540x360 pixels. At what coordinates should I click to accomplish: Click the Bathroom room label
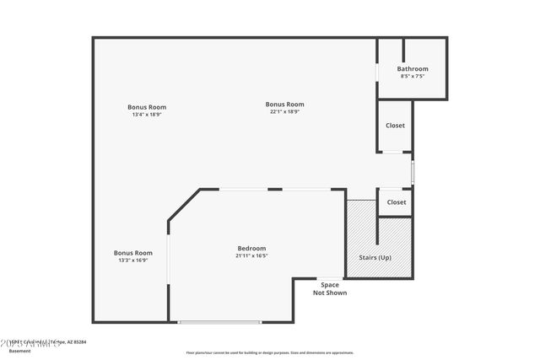[x=413, y=69]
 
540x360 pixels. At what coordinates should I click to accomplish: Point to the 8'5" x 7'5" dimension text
[x=413, y=76]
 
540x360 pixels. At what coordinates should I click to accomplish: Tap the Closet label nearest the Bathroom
[x=395, y=126]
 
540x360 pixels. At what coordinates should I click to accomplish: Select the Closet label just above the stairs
[x=396, y=202]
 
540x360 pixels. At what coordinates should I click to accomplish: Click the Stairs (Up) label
[x=375, y=257]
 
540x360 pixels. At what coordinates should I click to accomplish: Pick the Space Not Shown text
[x=330, y=289]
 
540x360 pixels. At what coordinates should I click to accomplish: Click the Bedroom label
[x=251, y=248]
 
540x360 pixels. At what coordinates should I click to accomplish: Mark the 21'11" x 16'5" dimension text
[x=251, y=255]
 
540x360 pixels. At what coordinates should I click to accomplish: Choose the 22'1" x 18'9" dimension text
[x=285, y=111]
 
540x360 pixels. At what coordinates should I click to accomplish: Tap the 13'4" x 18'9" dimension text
[x=147, y=115]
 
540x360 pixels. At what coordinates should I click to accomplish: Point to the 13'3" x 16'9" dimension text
[x=133, y=261]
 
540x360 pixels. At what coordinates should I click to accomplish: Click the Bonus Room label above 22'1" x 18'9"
[x=285, y=105]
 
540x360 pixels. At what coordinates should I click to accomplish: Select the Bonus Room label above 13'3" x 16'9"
[x=133, y=253]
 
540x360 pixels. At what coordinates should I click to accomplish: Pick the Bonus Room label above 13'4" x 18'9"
[x=147, y=107]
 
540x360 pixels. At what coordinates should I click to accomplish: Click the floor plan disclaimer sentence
[x=270, y=352]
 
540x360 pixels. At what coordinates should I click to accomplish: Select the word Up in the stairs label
[x=385, y=257]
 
